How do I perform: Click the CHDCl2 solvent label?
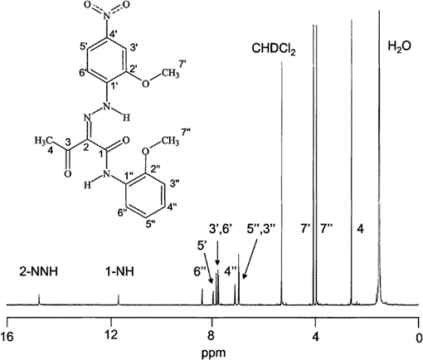click(274, 49)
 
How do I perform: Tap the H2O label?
click(399, 46)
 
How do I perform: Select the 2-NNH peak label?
click(38, 271)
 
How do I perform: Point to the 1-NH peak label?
click(119, 271)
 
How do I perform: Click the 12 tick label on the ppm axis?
click(111, 337)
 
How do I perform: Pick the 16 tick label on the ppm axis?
click(7, 337)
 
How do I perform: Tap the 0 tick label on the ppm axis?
click(419, 337)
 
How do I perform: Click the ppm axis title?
click(213, 353)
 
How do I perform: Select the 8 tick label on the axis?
click(211, 337)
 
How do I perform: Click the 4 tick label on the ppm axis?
click(315, 337)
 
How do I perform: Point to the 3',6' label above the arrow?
click(221, 229)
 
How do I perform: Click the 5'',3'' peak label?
click(261, 229)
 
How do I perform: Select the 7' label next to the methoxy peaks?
click(304, 229)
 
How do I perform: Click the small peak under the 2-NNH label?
click(39, 299)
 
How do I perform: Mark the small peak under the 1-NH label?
click(119, 299)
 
